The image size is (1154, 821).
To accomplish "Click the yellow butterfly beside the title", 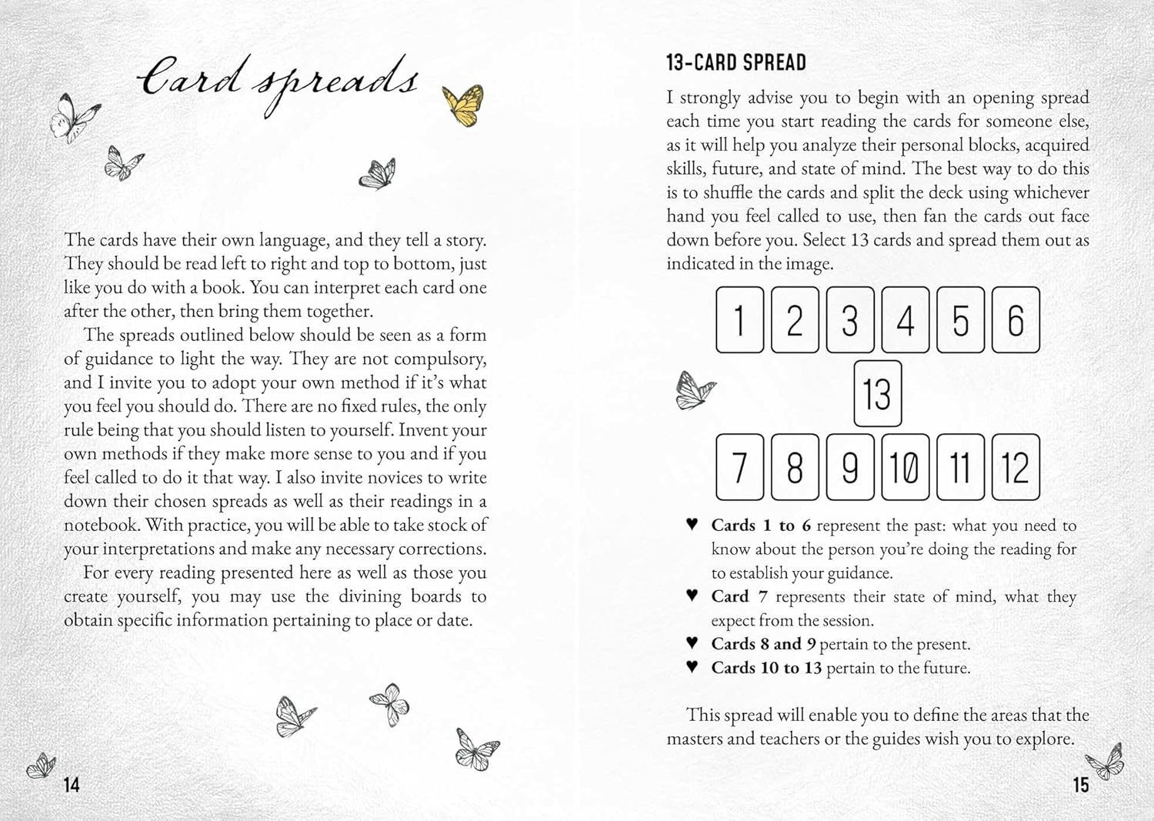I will [x=463, y=104].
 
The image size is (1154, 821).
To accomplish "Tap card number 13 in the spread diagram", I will [x=877, y=393].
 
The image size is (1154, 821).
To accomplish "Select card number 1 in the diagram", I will [x=739, y=320].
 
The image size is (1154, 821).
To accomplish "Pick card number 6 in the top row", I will [x=1016, y=320].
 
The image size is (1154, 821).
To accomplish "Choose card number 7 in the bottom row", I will [x=739, y=467].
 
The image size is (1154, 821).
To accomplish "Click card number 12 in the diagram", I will [x=1016, y=467].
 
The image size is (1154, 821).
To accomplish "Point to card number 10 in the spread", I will [x=905, y=467].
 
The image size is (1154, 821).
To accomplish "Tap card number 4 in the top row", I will [x=905, y=320].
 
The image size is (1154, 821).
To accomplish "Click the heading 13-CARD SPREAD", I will [x=736, y=62].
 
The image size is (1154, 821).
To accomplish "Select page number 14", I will [x=72, y=785].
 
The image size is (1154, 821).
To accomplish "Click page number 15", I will [x=1081, y=785].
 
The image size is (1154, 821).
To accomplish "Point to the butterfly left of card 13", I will [x=694, y=389].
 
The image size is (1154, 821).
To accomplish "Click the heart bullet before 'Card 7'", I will [x=692, y=596].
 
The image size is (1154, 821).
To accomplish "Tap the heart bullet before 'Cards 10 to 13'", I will [x=692, y=666].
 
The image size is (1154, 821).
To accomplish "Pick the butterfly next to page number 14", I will [x=41, y=765].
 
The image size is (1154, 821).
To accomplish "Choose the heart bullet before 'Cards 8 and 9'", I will [x=692, y=642].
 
